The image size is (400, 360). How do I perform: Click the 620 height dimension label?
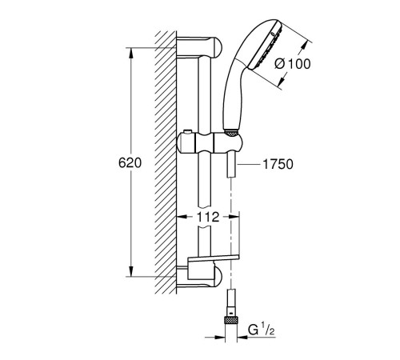130,163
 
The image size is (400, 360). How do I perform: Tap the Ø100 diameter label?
293,64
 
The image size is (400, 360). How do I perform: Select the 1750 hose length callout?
278,164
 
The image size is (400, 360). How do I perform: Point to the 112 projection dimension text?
208,217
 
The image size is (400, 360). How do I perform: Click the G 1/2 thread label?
261,330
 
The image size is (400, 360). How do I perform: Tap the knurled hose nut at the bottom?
232,320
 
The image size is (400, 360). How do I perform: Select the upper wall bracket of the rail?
199,47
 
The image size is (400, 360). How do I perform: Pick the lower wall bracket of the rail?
199,277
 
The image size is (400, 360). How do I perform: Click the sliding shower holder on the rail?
210,142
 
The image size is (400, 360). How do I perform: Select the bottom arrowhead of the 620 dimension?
130,271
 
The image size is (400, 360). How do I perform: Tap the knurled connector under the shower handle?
231,134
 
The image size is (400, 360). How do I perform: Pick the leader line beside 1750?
249,165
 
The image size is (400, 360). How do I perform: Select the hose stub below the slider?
231,166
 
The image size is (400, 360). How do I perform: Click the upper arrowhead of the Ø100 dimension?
302,50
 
